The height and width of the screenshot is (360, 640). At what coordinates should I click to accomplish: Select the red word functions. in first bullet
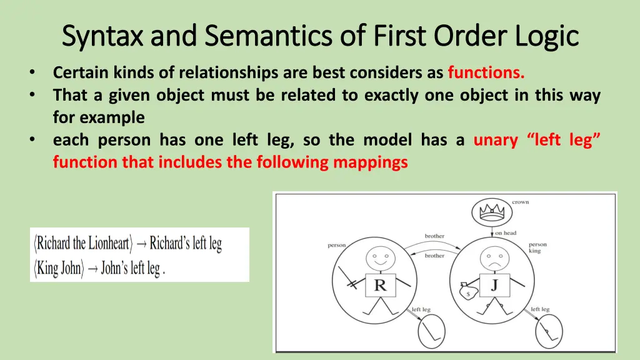[x=486, y=73]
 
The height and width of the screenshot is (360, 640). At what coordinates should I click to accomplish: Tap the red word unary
[x=496, y=140]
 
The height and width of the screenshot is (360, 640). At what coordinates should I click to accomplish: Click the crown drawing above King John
[x=487, y=213]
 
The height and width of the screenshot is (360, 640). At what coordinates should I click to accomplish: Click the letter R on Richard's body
[x=380, y=286]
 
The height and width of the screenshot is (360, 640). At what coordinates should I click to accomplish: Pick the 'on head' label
[x=506, y=233]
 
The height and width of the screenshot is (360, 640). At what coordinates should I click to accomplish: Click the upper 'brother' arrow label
[x=434, y=236]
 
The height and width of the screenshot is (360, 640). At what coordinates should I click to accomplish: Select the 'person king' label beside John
[x=537, y=248]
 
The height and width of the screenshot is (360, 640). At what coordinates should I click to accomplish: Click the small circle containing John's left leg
[x=544, y=331]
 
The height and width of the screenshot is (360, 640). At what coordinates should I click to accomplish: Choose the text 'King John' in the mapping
[x=59, y=268]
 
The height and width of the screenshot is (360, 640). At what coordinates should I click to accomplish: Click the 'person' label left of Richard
[x=337, y=246]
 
